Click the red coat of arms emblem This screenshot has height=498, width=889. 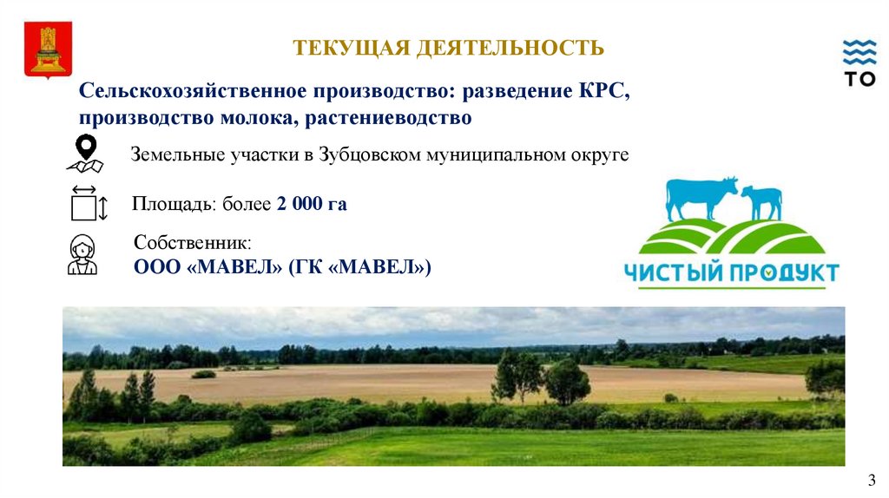49,49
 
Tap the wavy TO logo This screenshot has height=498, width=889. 859,63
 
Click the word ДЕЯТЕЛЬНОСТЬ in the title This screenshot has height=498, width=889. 510,49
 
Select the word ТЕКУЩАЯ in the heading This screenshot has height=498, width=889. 352,49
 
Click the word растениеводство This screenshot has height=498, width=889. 388,118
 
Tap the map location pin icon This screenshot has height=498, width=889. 86,153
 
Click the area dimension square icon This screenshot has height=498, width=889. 89,203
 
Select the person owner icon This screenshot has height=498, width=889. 82,254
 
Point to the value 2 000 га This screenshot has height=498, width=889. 312,203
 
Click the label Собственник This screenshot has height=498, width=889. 192,242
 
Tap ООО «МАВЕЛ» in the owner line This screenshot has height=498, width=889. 207,267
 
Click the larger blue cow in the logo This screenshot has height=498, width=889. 701,198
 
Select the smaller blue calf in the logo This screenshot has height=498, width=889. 761,202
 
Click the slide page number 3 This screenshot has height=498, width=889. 872,481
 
